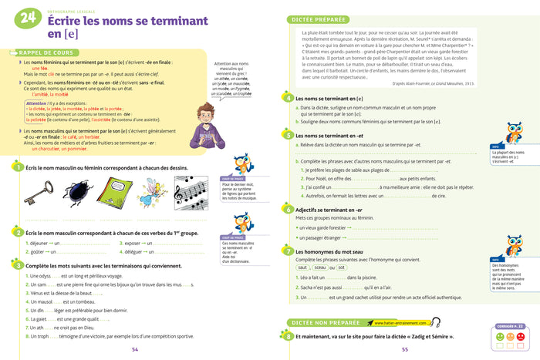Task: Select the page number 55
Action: [x=405, y=350]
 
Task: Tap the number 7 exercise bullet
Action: [x=288, y=251]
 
